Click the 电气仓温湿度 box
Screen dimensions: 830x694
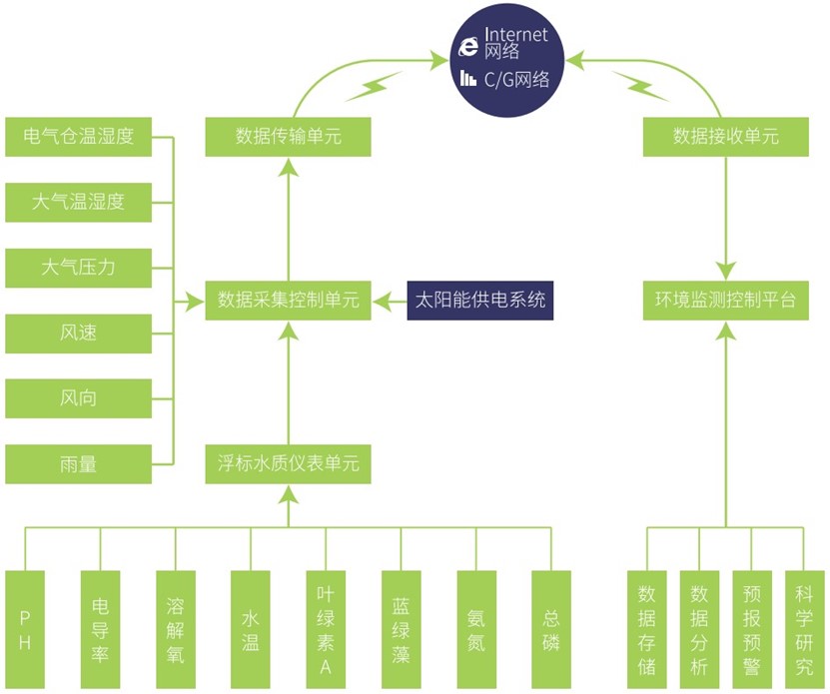click(x=78, y=137)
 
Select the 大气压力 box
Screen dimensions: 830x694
click(x=78, y=268)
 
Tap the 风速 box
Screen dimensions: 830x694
click(x=78, y=333)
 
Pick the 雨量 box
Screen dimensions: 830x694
click(x=78, y=464)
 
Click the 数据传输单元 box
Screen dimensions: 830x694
click(x=288, y=137)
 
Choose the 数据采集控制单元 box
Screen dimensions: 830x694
click(x=288, y=301)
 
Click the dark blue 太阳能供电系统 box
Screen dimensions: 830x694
click(x=480, y=301)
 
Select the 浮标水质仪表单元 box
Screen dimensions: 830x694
click(x=288, y=464)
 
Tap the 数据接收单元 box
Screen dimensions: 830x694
click(x=726, y=137)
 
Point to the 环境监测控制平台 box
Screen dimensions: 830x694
click(x=726, y=301)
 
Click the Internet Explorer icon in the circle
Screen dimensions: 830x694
click(x=468, y=47)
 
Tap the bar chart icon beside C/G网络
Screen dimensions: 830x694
click(x=467, y=78)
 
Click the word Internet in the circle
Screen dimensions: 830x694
click(x=516, y=34)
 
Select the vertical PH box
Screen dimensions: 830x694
click(x=25, y=629)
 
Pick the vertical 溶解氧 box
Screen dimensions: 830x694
click(x=176, y=629)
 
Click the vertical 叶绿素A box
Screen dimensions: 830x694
click(x=326, y=629)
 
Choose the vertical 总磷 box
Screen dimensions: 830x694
click(x=551, y=629)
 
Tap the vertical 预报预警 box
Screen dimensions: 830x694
click(x=752, y=629)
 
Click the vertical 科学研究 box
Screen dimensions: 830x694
click(x=804, y=629)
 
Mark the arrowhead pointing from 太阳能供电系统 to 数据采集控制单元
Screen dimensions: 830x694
click(x=381, y=301)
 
